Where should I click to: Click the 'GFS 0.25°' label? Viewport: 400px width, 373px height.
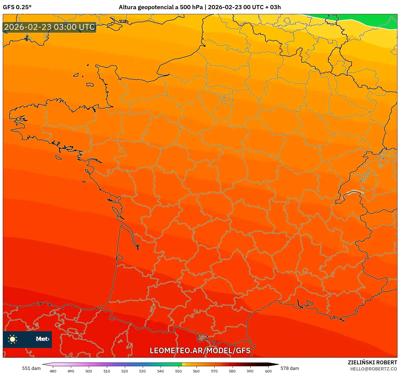17,7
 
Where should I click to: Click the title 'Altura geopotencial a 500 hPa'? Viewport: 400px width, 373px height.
161,7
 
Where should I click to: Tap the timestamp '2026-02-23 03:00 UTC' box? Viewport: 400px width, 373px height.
50,27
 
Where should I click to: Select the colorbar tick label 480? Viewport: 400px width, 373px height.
53,371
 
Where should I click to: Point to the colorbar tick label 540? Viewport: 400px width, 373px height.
161,371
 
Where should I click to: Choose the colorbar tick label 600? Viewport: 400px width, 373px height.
268,371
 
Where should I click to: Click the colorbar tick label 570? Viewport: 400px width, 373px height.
214,371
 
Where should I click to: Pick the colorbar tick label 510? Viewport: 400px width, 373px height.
107,371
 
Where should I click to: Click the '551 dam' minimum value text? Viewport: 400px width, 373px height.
31,368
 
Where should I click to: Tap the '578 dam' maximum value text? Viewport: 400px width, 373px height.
290,368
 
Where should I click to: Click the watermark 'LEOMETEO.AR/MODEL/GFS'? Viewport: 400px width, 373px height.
200,350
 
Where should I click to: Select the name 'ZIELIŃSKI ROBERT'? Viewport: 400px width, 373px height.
372,362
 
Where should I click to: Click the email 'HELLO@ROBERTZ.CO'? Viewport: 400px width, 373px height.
374,369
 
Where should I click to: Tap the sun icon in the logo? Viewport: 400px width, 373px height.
13,339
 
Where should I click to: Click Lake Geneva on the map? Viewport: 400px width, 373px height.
353,192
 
